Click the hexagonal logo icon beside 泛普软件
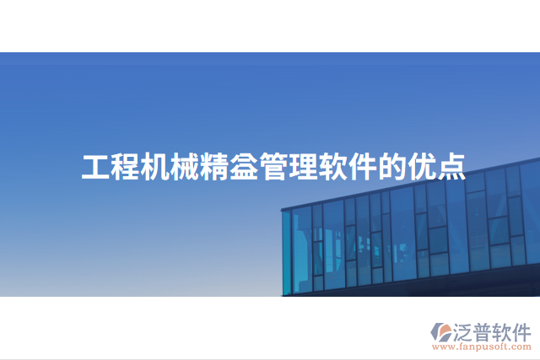(440, 330)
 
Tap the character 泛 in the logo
(466, 329)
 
